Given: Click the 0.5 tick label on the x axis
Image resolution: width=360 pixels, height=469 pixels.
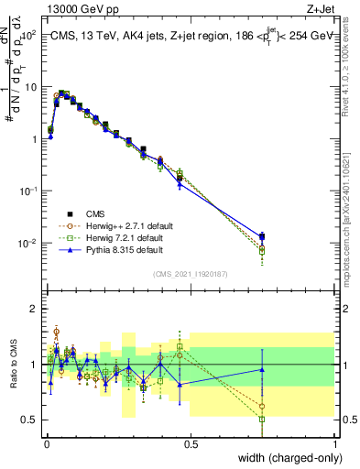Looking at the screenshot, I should [191, 444].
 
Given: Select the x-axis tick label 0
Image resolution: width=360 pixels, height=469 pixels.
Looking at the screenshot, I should [47, 444].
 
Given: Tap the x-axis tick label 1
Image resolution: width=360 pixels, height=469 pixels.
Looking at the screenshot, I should [335, 444].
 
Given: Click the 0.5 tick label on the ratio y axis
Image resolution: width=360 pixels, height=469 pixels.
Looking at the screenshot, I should [29, 420].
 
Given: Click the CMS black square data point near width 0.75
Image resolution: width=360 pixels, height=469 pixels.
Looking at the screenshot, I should [263, 236].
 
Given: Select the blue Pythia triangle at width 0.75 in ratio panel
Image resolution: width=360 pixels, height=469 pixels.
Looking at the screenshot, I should [263, 369].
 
